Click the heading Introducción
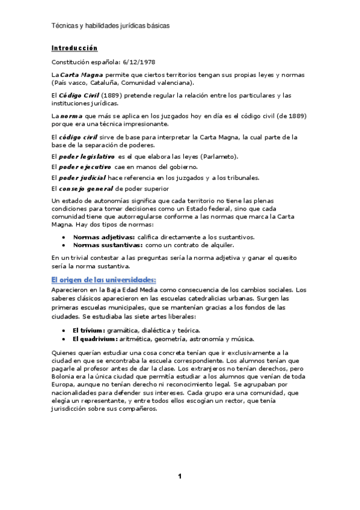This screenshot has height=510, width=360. (75, 48)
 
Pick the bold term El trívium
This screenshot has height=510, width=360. (88, 330)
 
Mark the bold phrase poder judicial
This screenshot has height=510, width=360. (84, 177)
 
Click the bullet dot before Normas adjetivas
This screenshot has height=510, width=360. (64, 237)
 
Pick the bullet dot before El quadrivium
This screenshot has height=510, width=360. (64, 338)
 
